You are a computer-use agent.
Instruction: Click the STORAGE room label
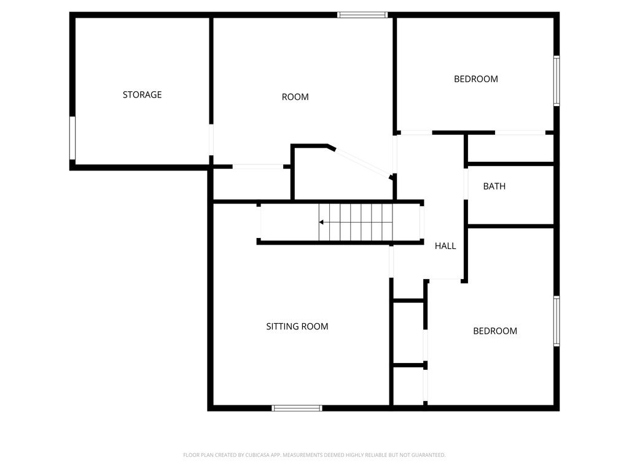click(142, 94)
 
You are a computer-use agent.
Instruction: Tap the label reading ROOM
click(295, 97)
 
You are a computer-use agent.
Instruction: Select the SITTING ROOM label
click(297, 326)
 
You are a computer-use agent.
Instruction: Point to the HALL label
click(445, 246)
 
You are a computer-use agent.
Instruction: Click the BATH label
click(494, 186)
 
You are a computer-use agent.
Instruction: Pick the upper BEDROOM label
click(475, 78)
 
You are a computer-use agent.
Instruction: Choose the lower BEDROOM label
click(494, 331)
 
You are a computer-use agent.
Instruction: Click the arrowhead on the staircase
click(321, 222)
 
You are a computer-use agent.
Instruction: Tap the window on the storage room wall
click(72, 138)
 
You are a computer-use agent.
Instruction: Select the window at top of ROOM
click(362, 14)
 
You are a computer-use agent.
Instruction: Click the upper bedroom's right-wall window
click(557, 81)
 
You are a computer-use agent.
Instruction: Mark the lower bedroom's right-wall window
click(557, 321)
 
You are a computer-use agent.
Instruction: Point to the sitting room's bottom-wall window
click(297, 408)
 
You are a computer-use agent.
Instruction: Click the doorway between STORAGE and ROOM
click(211, 140)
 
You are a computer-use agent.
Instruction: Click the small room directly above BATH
click(510, 148)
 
